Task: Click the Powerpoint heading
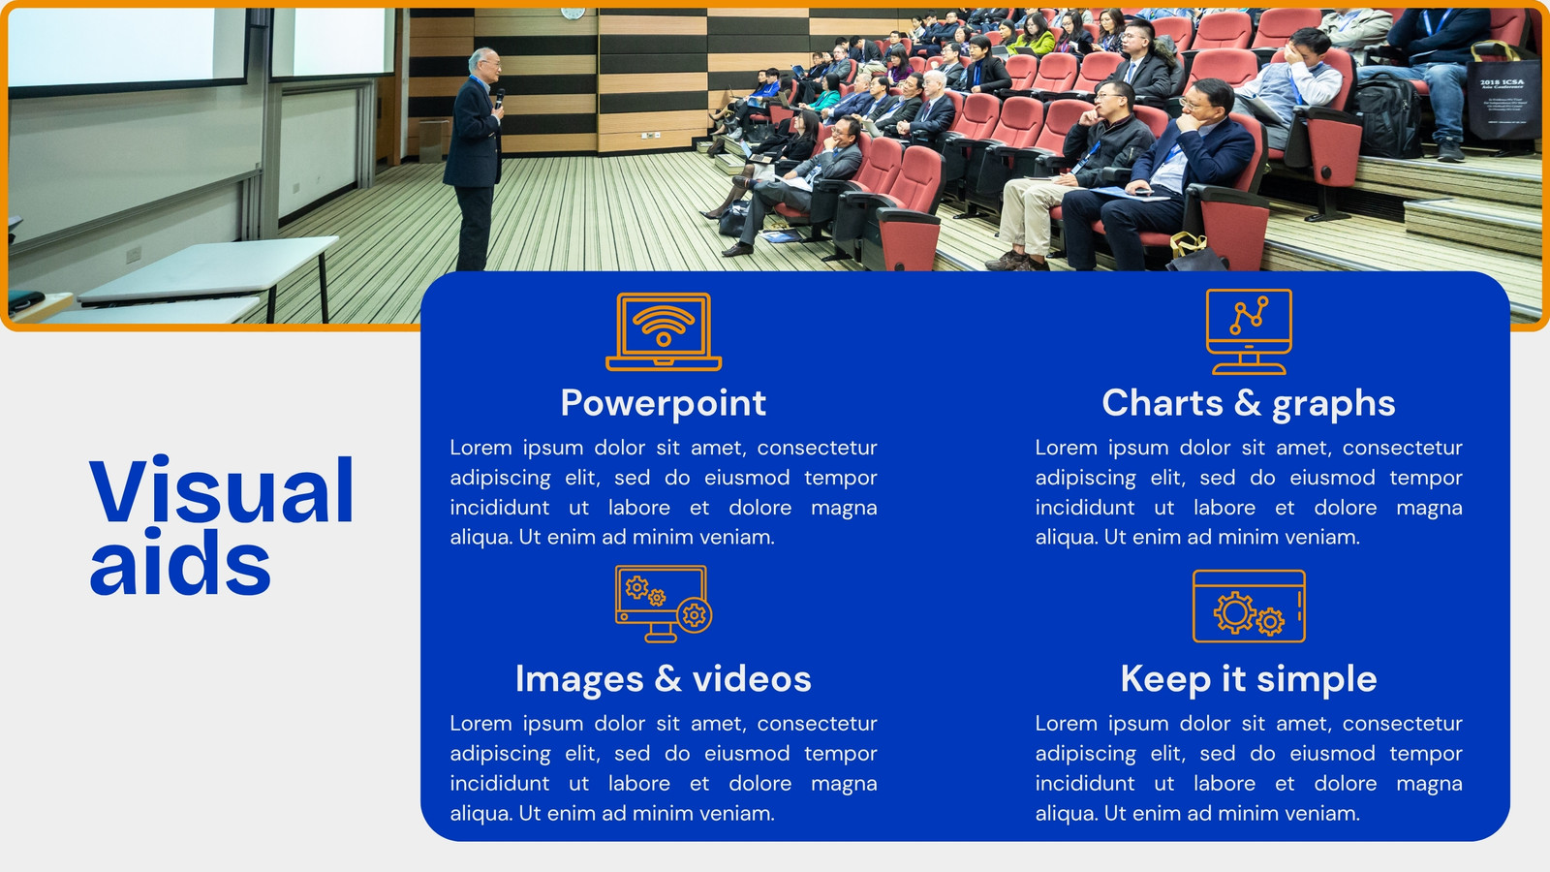[663, 403]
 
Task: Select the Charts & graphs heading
[1249, 403]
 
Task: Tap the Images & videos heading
[663, 679]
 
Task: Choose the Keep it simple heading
[1249, 679]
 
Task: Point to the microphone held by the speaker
[499, 98]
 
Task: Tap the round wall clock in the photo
[573, 13]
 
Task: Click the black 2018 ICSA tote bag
[1503, 98]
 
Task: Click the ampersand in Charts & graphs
[1247, 402]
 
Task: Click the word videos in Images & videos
[752, 679]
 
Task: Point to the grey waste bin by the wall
[433, 140]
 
